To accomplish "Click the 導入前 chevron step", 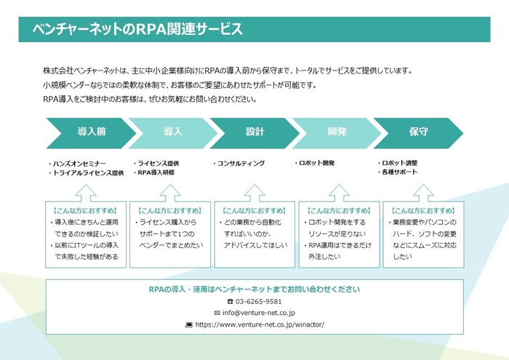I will click(91, 132).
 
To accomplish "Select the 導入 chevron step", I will click(173, 132).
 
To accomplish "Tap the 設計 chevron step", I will click(254, 132).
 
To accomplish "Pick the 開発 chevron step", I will click(337, 132).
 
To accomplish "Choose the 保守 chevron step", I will click(418, 132).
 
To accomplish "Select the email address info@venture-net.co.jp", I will click(259, 313).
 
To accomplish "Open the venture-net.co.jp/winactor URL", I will click(259, 324).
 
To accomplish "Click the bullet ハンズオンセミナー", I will click(79, 164).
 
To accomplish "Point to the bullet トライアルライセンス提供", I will click(87, 173).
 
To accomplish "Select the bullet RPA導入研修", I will click(156, 172).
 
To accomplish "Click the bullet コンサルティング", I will click(241, 164).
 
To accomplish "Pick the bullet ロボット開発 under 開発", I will click(316, 164).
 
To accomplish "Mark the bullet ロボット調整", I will click(399, 164).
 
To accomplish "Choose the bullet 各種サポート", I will click(399, 172).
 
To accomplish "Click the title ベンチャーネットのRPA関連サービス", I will click(137, 30).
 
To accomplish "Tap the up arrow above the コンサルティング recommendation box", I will click(254, 192).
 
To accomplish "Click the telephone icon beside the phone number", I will click(231, 301).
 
